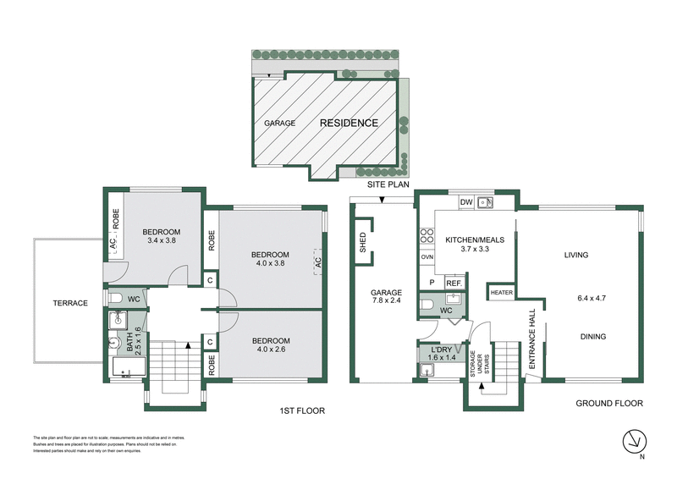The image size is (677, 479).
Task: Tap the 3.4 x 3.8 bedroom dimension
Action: (x=161, y=241)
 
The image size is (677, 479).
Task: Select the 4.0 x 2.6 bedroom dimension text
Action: (x=271, y=352)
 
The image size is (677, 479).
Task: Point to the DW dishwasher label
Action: (x=465, y=202)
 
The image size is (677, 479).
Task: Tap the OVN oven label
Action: (x=427, y=256)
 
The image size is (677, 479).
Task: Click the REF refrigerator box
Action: (x=453, y=284)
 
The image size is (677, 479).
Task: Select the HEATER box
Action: (x=501, y=293)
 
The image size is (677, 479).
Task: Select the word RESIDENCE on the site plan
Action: (x=349, y=124)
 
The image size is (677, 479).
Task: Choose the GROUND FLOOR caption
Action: (x=610, y=404)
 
